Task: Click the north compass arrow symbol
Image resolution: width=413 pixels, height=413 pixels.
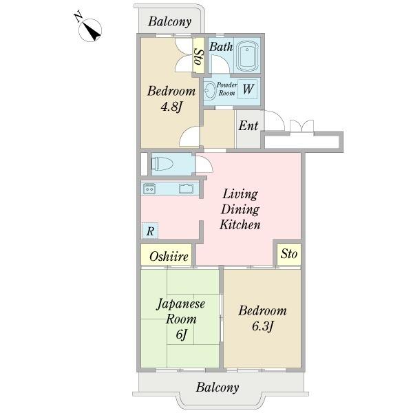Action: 90,29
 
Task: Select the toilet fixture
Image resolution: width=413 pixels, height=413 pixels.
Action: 162,164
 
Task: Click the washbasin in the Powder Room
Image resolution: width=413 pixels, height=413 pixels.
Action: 210,91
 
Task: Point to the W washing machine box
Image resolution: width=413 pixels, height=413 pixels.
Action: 248,89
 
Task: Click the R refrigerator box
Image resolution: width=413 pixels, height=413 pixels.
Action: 150,231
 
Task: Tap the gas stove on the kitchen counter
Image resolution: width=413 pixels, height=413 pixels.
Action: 149,189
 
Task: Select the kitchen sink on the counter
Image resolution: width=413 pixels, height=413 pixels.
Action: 186,189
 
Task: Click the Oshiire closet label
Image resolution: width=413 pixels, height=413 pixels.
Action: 169,256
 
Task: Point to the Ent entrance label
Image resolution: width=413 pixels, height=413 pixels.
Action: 248,125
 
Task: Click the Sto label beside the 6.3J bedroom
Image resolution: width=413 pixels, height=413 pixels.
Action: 289,253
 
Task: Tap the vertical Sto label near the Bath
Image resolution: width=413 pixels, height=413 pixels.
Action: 199,57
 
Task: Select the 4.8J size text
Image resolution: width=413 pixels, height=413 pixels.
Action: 171,107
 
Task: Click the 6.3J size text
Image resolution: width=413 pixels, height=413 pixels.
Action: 263,326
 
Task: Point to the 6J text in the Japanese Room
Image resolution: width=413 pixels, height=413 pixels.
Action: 181,335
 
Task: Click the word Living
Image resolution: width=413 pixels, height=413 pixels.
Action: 240,195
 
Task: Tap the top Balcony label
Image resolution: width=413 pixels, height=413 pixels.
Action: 169,21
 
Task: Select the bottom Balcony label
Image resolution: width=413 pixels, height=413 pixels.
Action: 218,387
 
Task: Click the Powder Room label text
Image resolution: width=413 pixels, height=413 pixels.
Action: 226,89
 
